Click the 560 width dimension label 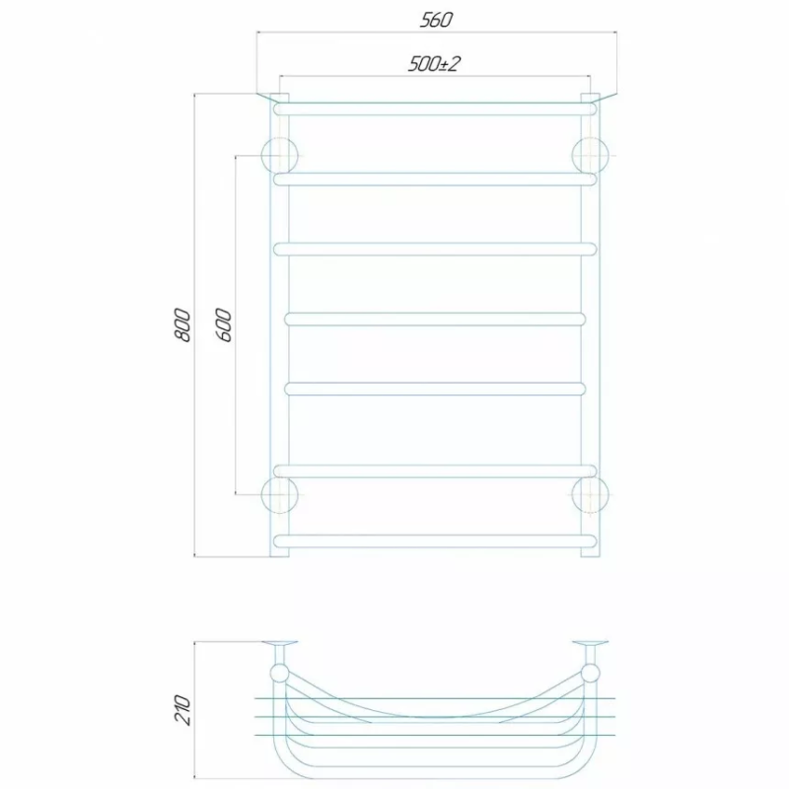click(x=436, y=20)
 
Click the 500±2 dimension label click(x=434, y=64)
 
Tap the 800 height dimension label click(x=182, y=325)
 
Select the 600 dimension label click(x=225, y=325)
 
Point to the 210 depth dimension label click(x=182, y=710)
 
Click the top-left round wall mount click(x=280, y=155)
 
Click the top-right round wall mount click(x=591, y=155)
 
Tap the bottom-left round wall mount click(x=280, y=495)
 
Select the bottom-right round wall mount click(x=591, y=495)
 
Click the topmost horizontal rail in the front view click(x=435, y=108)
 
